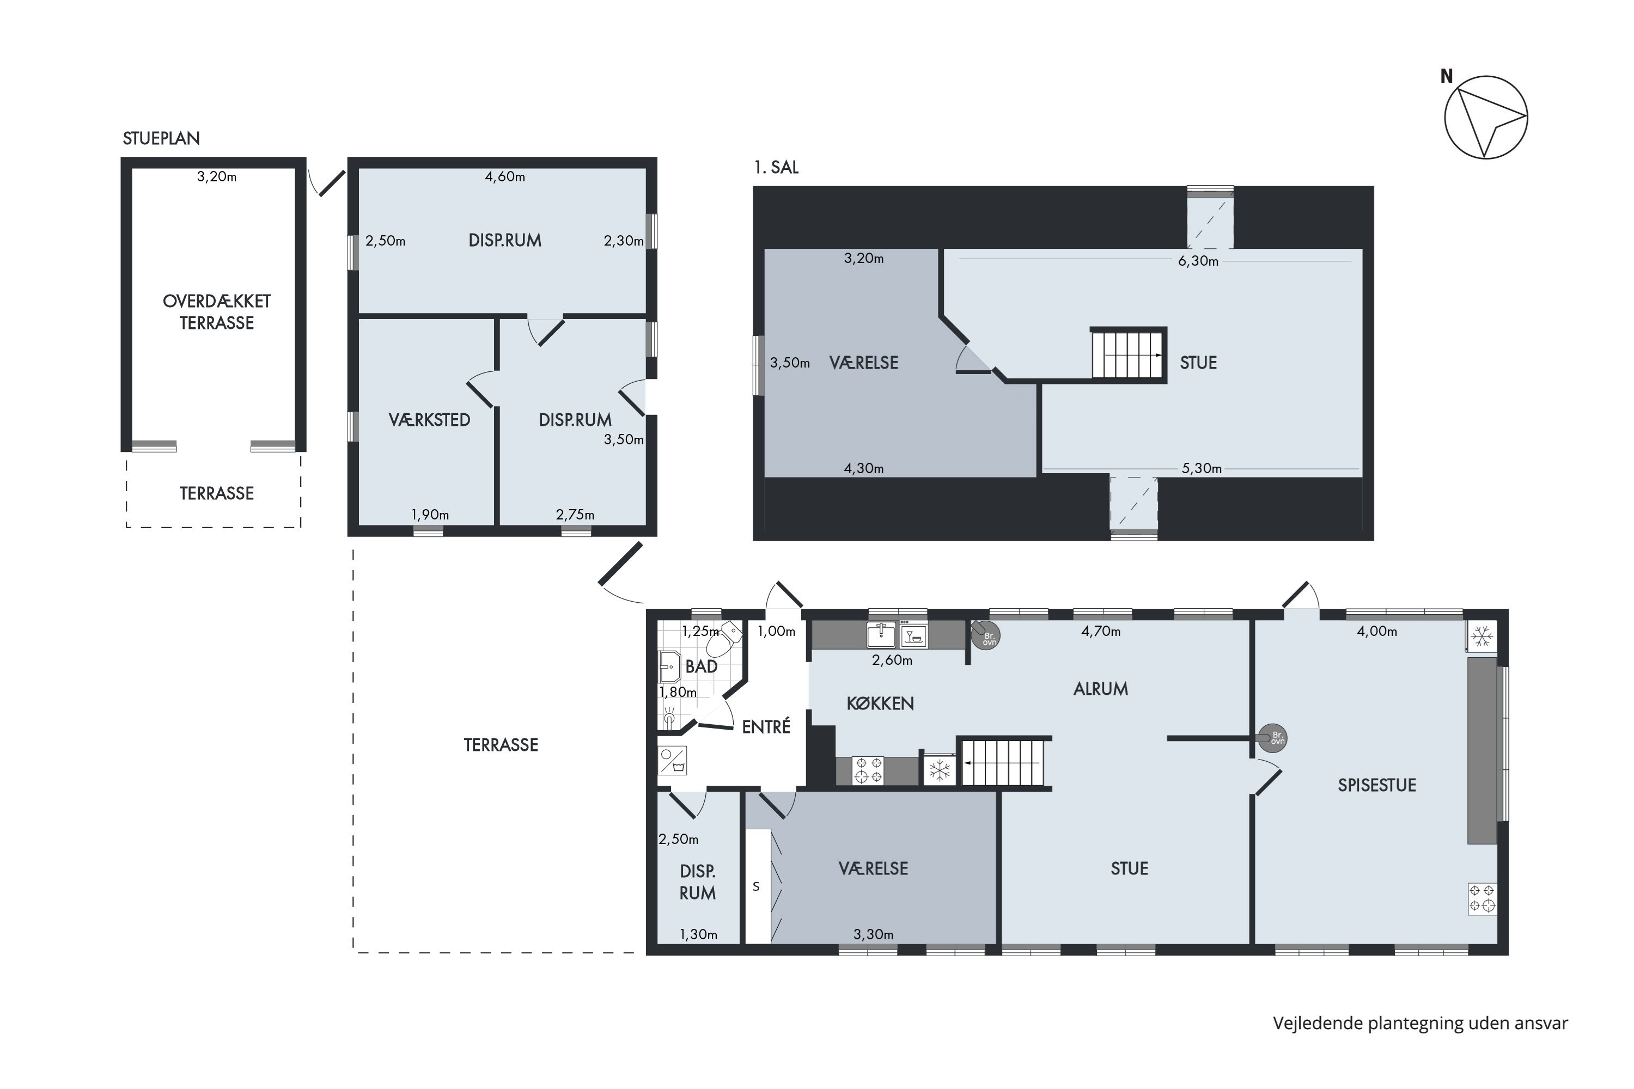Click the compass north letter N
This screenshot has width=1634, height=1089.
tap(1447, 76)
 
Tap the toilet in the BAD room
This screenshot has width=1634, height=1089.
tap(723, 639)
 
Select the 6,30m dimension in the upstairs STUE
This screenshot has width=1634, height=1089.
tap(1198, 261)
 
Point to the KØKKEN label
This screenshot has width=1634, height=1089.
tap(880, 703)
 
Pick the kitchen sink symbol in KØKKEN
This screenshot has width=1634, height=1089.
tap(881, 635)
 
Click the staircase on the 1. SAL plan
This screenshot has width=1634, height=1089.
tap(1128, 354)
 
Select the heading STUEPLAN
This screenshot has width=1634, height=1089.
tap(161, 138)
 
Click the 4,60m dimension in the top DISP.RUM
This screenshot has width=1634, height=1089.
tap(505, 176)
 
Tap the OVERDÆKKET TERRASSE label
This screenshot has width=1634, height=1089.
tap(217, 312)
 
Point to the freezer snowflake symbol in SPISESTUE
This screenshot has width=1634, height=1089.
tap(1482, 636)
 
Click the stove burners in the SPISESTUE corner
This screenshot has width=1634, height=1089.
tap(1483, 898)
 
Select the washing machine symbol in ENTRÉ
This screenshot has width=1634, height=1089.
tap(673, 761)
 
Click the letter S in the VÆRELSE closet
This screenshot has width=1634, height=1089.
tap(757, 886)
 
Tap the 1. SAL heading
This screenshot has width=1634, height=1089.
tap(776, 167)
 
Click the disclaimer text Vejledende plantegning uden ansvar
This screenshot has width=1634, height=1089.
tap(1420, 1023)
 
